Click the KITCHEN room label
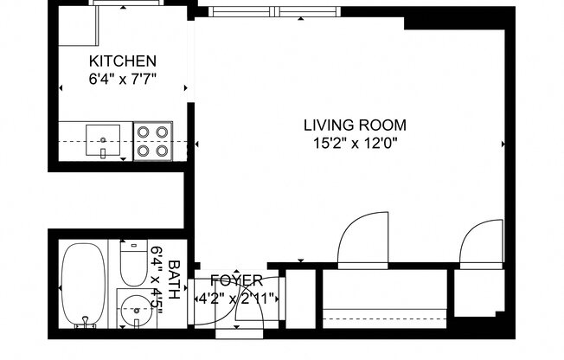(x=123, y=61)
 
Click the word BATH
(x=174, y=280)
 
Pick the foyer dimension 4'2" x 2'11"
(x=236, y=299)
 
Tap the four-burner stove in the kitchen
(x=152, y=140)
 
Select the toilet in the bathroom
(x=133, y=265)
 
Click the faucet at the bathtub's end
(x=85, y=323)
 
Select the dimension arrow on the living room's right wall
(x=503, y=144)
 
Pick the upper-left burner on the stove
(x=143, y=132)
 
